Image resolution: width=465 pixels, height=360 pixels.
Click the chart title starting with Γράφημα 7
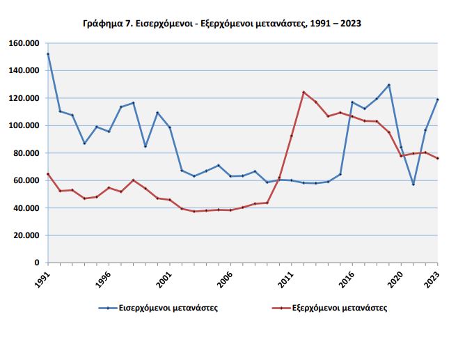click(221, 24)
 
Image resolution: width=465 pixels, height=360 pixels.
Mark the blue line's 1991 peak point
click(47, 54)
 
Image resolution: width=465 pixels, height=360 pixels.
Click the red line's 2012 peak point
click(304, 92)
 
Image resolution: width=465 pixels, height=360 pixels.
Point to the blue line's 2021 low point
click(413, 185)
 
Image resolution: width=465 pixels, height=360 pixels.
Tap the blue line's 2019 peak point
click(389, 85)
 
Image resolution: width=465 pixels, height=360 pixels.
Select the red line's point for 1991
click(47, 174)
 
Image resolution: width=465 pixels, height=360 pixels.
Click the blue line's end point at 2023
click(438, 100)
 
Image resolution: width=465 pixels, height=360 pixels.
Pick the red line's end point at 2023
click(438, 159)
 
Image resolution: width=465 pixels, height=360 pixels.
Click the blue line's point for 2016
click(352, 102)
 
